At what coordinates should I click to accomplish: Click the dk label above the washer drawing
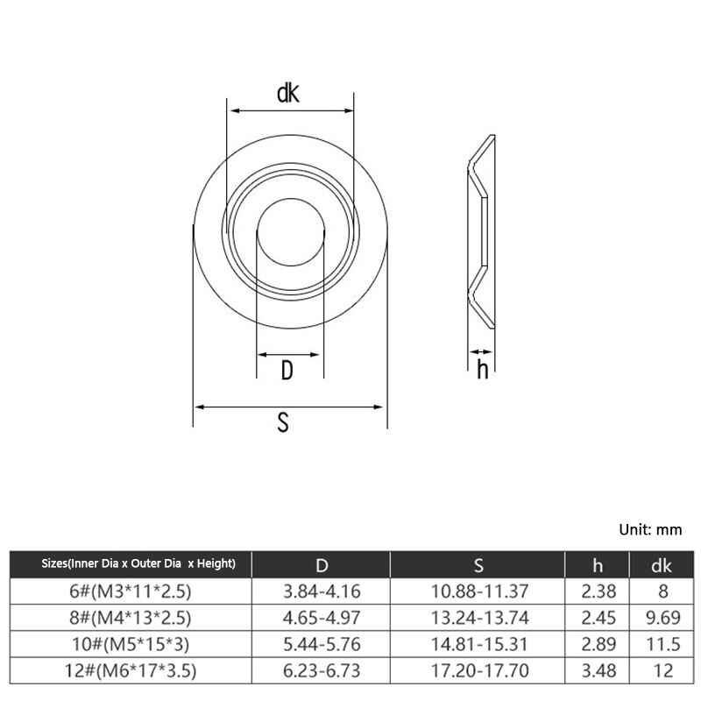click(x=288, y=93)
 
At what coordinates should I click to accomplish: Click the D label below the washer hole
click(x=287, y=370)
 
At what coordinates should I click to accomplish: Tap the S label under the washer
click(x=283, y=422)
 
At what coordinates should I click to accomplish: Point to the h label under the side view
click(x=483, y=369)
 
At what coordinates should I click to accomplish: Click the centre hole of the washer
click(x=291, y=232)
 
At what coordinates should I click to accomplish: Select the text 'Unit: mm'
click(x=650, y=530)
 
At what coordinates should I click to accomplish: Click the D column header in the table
click(x=322, y=565)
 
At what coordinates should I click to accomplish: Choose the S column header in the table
click(x=478, y=565)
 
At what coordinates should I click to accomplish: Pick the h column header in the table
click(x=598, y=565)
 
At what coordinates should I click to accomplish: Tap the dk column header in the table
click(x=662, y=565)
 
